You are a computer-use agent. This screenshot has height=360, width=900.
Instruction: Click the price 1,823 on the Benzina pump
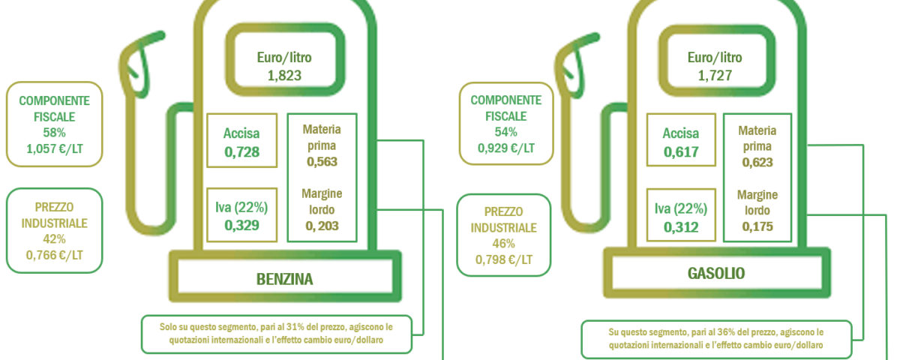[284, 76]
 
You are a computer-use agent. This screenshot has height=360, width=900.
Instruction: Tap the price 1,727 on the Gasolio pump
[715, 76]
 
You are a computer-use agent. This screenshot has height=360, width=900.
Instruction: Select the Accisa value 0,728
[241, 151]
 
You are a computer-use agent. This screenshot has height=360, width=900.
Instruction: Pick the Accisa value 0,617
[681, 151]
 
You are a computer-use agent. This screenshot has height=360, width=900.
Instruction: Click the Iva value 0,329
[241, 226]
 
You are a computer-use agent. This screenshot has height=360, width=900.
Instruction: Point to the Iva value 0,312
[681, 227]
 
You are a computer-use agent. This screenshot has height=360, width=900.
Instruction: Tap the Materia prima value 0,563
[322, 161]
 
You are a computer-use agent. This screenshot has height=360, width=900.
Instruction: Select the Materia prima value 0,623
[757, 162]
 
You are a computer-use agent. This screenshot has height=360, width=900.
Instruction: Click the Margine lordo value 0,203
[322, 226]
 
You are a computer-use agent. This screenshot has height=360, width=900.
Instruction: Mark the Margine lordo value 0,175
[757, 226]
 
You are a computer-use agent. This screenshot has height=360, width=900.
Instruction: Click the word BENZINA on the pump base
[284, 279]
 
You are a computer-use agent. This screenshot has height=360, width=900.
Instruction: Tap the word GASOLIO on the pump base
[716, 274]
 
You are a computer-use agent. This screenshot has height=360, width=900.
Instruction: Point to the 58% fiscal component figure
[54, 133]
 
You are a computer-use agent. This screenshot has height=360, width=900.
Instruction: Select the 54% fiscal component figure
[505, 132]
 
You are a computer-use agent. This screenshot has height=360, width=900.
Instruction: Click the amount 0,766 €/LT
[54, 255]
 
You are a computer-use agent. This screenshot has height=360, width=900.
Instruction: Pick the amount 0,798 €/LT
[504, 259]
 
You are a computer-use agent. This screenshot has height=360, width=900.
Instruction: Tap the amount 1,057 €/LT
[54, 148]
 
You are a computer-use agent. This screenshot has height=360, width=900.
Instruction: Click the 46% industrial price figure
[504, 244]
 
